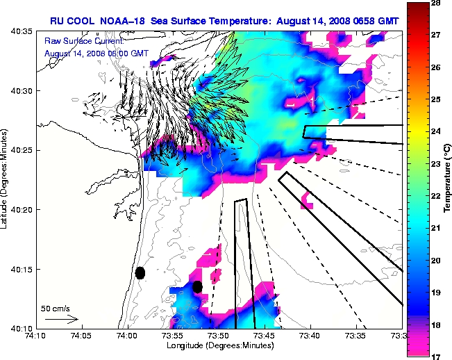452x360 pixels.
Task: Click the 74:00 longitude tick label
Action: coord(127,336)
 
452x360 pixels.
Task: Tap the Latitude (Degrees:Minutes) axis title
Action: coord(6,179)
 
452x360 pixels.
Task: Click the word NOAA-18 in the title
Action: coord(135,21)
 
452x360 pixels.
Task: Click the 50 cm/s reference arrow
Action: coord(61,319)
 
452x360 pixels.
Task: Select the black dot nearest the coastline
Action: coord(140,272)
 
